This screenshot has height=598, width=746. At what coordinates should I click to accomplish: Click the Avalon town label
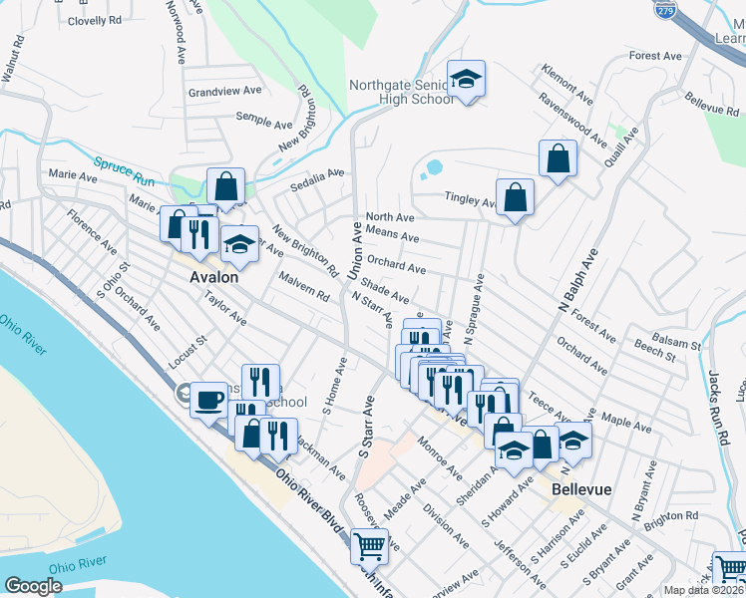pos(214,277)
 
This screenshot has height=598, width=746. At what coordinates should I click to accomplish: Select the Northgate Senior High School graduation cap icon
pos(464,80)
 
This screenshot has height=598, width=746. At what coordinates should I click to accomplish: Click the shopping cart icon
pos(369,545)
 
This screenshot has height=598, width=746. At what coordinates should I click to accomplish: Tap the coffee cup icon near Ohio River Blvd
pos(208,400)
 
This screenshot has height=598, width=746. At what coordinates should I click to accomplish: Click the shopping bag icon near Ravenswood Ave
pos(558,157)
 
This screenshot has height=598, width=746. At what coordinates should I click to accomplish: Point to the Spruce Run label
pos(124,170)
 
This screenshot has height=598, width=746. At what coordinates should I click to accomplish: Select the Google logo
pos(33,586)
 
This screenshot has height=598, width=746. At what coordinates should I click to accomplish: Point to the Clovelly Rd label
pos(95,20)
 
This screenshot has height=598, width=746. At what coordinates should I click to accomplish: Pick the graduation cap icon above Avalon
pos(238,243)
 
